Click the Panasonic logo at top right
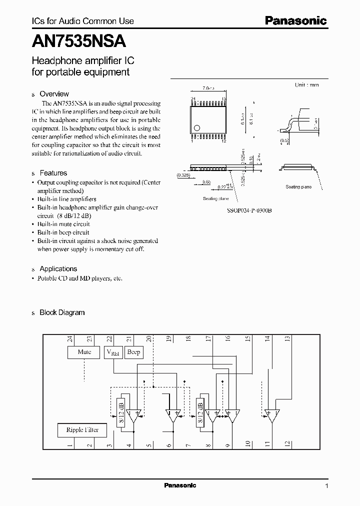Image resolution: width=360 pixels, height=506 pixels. click(295, 20)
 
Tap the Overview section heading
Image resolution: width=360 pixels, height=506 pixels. click(54, 94)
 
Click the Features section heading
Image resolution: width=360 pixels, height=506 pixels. click(53, 173)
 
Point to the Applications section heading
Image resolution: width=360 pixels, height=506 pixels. click(58, 268)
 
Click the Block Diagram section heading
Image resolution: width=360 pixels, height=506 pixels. click(62, 312)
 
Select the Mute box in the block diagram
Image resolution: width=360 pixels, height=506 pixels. click(84, 352)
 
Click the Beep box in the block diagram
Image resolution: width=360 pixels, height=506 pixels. click(133, 352)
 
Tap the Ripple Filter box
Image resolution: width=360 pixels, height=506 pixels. click(82, 429)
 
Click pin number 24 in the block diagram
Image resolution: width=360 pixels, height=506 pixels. click(69, 339)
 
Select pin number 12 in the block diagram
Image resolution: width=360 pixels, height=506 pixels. click(287, 442)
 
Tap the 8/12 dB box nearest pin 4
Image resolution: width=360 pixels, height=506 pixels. click(120, 410)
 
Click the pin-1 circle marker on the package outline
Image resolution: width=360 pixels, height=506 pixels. click(197, 128)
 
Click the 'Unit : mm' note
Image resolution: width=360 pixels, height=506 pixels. click(306, 85)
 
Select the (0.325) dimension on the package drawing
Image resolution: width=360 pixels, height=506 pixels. click(183, 175)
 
